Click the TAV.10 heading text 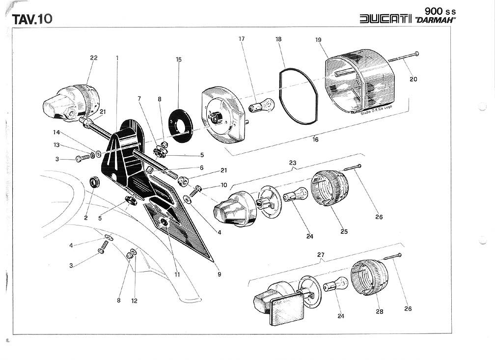32,19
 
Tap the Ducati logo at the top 385,19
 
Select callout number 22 94,58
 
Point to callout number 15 179,59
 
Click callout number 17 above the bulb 242,38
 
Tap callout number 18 278,38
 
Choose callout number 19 318,39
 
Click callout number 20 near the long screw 413,79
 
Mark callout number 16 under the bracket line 315,139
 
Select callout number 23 293,162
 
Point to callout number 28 380,311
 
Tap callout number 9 220,275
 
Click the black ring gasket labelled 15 180,127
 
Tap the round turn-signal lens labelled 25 330,188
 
